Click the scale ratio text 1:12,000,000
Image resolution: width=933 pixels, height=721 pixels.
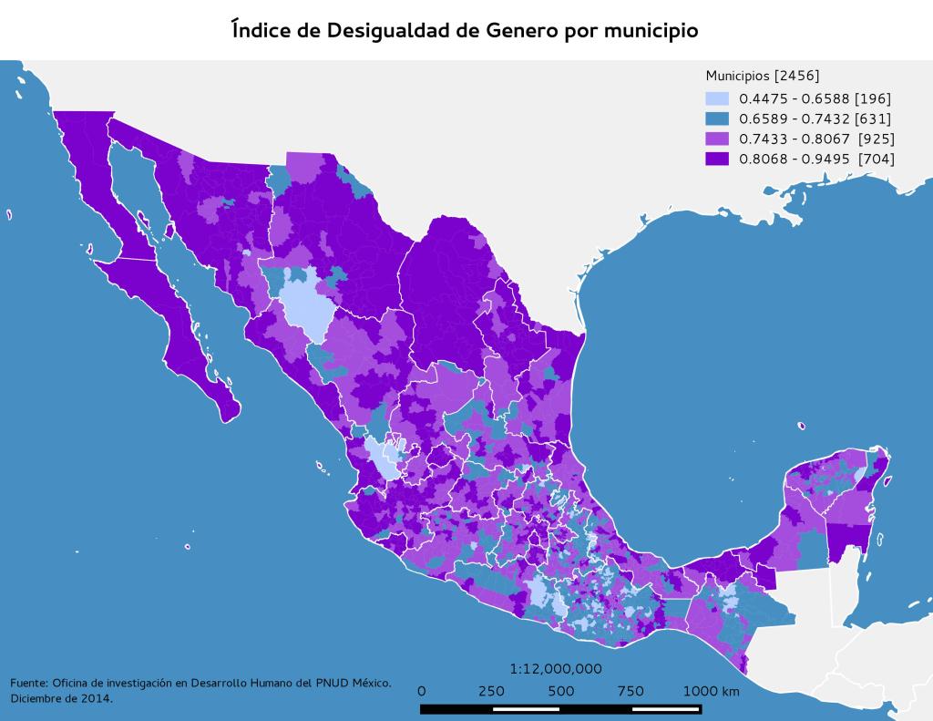click(x=556, y=668)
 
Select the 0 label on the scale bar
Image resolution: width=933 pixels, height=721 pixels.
click(x=421, y=691)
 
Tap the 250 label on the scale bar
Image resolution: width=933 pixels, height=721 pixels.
click(x=491, y=691)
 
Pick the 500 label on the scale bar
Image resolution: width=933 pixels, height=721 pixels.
click(x=561, y=691)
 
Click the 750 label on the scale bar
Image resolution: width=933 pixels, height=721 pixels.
click(x=631, y=691)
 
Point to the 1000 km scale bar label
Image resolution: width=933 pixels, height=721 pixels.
click(x=711, y=691)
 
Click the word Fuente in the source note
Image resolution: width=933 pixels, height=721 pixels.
click(x=28, y=683)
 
